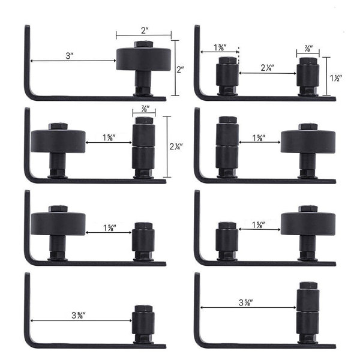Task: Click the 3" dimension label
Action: pos(70,56)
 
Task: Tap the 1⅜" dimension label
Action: pos(220,47)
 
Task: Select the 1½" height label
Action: pos(336,78)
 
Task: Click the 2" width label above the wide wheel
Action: pos(145,31)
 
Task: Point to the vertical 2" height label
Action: pos(180,70)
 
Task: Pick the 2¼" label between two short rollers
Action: pos(267,68)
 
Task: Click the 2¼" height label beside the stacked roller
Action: pos(176,146)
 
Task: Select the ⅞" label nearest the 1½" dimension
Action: pos(308,49)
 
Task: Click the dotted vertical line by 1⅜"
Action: pos(239,56)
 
